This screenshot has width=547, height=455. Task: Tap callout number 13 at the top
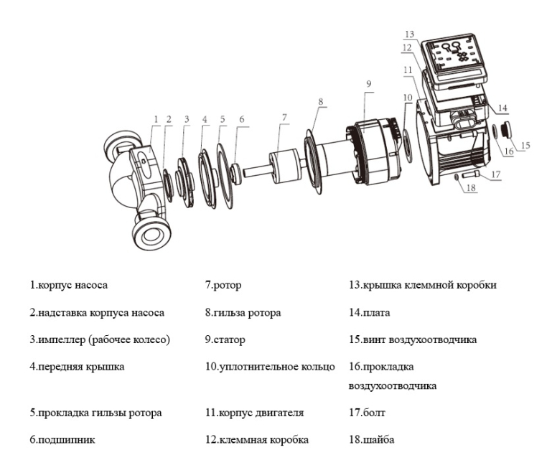point(410,34)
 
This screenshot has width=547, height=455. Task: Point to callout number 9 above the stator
point(368,84)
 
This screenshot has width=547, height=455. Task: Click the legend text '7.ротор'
point(223,285)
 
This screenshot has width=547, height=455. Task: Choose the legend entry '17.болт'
point(364,413)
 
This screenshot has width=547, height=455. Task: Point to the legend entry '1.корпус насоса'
point(69,285)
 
